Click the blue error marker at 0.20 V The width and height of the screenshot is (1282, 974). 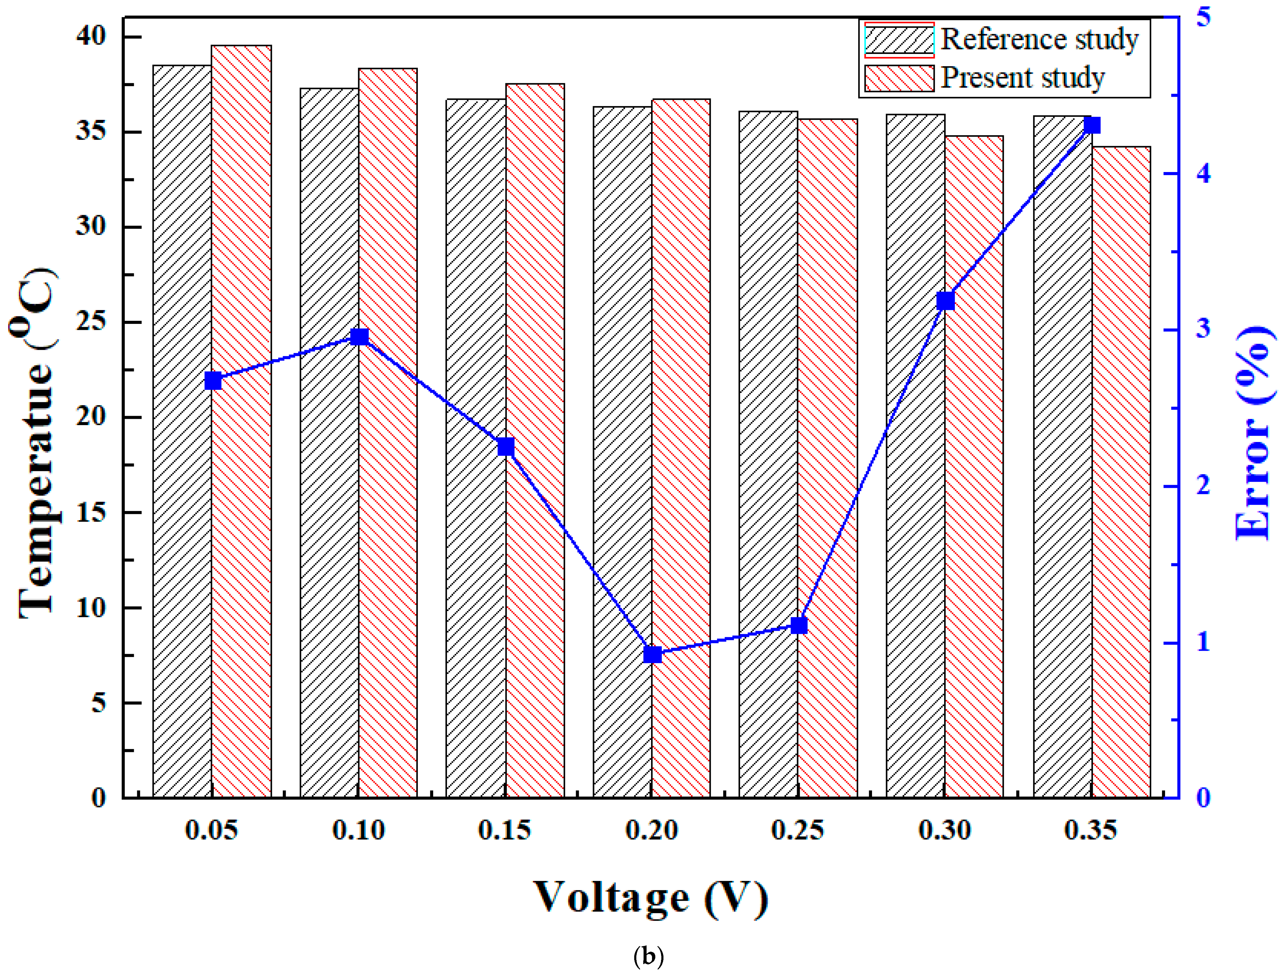[653, 655]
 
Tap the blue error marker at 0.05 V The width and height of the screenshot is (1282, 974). [213, 381]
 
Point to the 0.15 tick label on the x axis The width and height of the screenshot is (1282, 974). [505, 830]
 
